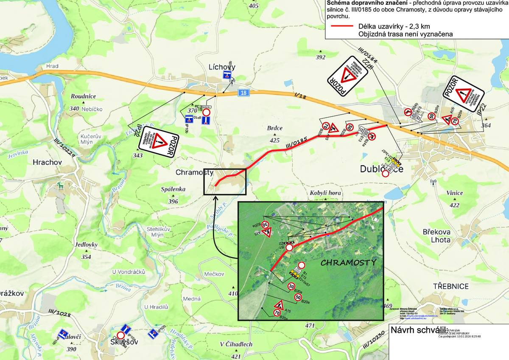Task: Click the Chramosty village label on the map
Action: pos(195,172)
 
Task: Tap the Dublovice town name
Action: pos(381,169)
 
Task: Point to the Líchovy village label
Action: pos(222,67)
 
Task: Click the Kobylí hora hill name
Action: pos(326,193)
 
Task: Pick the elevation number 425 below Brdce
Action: pos(275,140)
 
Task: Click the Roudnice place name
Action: pos(84,96)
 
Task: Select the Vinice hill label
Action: pos(455,193)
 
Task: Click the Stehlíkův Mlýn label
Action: pos(159,231)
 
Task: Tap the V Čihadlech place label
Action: pos(236,344)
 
